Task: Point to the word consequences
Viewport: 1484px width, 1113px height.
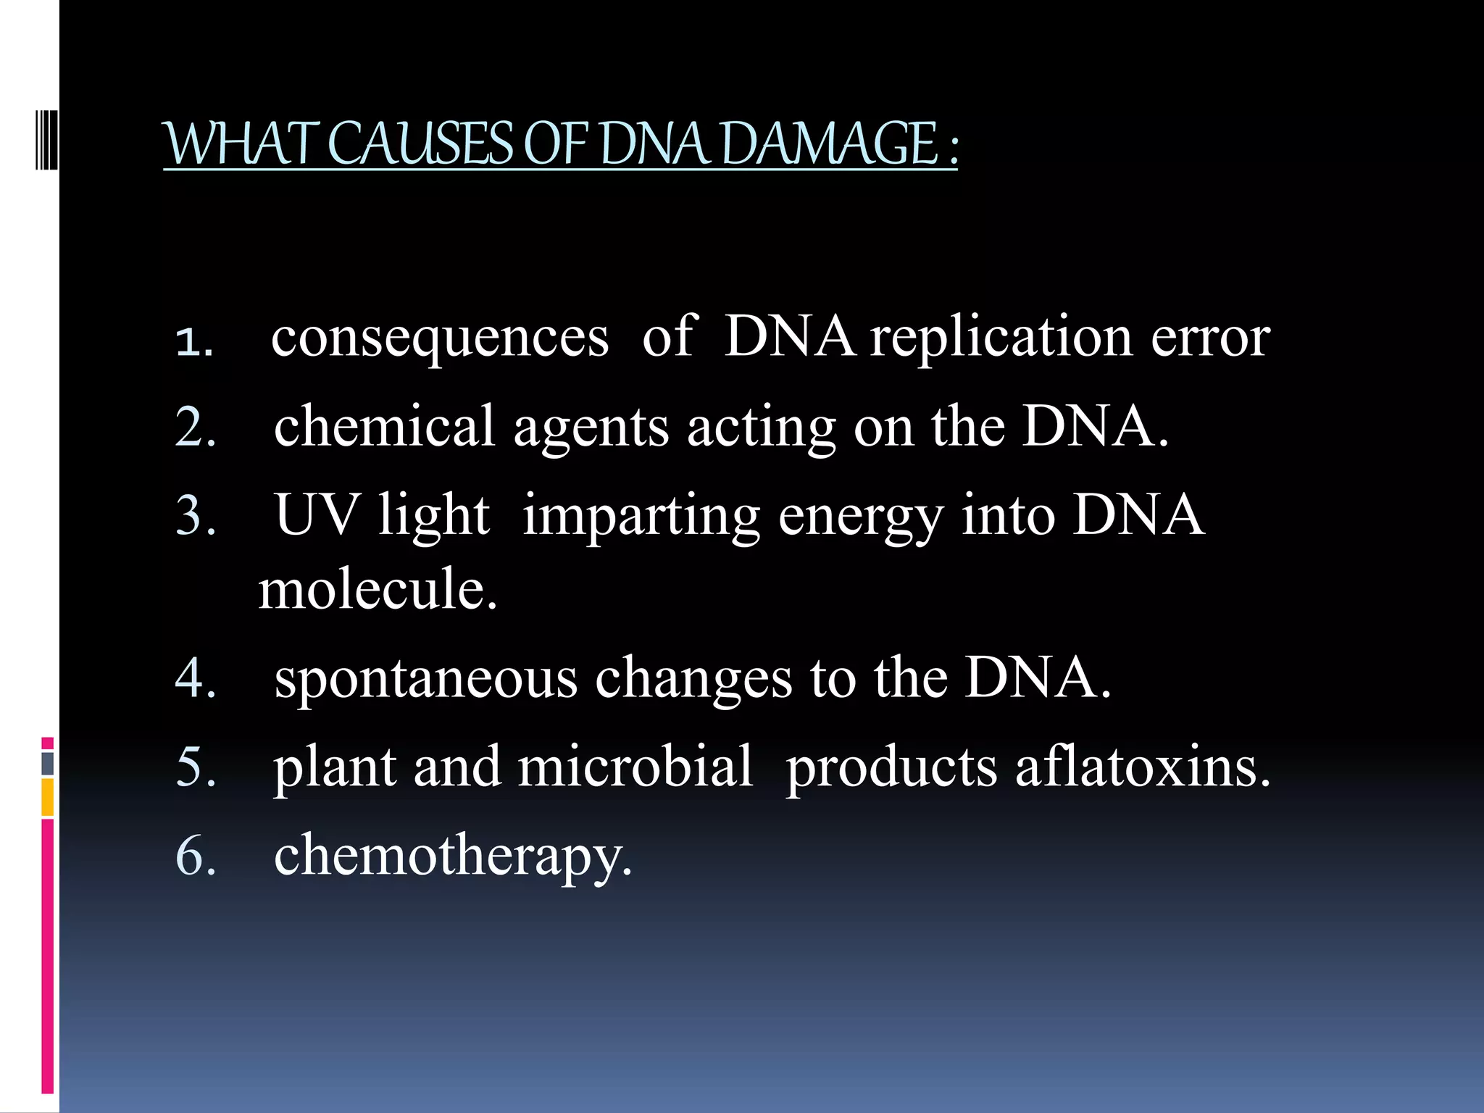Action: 440,338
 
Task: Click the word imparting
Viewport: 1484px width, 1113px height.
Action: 641,516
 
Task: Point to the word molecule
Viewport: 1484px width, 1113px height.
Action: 377,588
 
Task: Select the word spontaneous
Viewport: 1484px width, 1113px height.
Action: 426,678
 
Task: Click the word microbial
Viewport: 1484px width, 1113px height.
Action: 635,767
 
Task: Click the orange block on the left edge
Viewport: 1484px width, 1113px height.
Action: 47,797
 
